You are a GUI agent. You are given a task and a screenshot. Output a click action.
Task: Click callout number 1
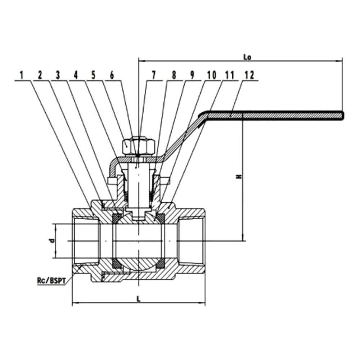(x=22, y=75)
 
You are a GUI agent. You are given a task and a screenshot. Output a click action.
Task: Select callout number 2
(x=40, y=75)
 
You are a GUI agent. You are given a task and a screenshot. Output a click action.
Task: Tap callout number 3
(x=58, y=75)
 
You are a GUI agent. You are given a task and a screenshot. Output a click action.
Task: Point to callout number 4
(x=76, y=75)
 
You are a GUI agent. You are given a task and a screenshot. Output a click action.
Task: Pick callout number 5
(x=94, y=75)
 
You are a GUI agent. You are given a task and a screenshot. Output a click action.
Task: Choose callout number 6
(x=112, y=75)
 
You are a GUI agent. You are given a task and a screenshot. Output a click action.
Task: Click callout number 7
(x=154, y=75)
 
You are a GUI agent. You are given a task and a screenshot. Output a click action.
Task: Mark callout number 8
(x=174, y=75)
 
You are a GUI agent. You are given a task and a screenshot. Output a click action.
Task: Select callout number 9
(x=192, y=75)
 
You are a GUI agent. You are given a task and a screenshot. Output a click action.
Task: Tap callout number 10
(x=212, y=75)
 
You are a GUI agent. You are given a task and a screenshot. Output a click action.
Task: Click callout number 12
(x=249, y=75)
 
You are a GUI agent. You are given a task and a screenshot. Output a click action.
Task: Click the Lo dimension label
(x=247, y=57)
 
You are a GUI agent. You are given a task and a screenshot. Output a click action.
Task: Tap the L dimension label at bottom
(x=138, y=299)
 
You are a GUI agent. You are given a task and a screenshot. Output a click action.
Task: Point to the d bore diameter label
(x=52, y=240)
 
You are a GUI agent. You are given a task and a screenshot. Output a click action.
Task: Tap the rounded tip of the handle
(x=343, y=115)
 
